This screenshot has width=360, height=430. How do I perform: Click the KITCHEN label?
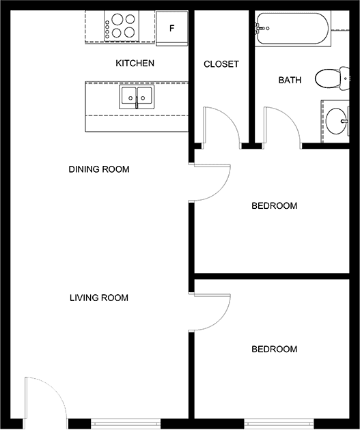click(135, 63)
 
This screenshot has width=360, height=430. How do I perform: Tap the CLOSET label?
click(221, 64)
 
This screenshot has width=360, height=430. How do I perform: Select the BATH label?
click(290, 80)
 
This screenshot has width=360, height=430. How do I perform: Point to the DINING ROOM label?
click(99, 169)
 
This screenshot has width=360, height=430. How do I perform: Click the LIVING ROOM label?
click(99, 298)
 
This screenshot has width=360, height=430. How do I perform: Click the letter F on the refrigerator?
click(172, 28)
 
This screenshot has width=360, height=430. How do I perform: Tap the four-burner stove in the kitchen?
click(122, 27)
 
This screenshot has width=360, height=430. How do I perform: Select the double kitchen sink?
click(137, 97)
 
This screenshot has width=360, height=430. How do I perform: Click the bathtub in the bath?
click(293, 28)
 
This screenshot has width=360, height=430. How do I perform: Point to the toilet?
click(332, 78)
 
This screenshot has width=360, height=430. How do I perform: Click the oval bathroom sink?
click(337, 121)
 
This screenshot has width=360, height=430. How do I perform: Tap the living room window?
click(126, 424)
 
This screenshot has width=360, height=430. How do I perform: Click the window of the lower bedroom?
click(279, 424)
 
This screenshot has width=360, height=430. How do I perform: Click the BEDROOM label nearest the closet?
click(274, 206)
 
